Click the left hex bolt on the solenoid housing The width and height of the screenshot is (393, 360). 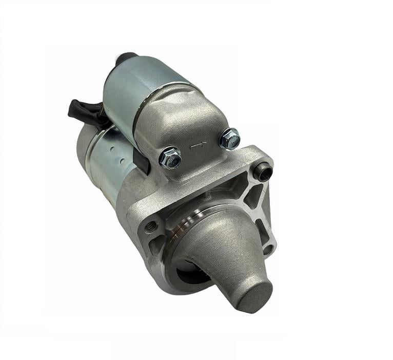click(x=170, y=158)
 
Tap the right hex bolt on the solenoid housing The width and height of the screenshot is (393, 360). click(x=229, y=139)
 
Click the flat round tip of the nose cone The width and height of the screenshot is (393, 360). click(x=254, y=296)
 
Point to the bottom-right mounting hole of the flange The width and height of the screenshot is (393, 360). click(x=268, y=249)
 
